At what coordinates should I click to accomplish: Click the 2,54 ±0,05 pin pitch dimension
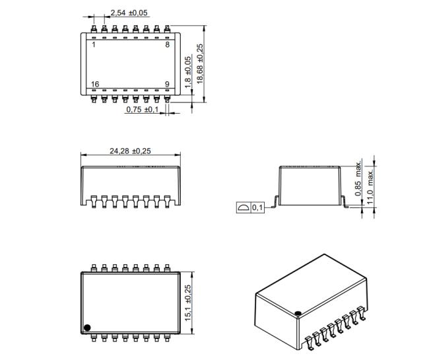click(x=129, y=13)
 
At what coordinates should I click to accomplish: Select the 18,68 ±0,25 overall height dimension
click(x=200, y=64)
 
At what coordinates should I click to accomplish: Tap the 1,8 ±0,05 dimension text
click(x=188, y=72)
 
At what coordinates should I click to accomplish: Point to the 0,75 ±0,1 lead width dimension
click(x=143, y=110)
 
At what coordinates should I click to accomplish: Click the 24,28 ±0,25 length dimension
click(x=130, y=151)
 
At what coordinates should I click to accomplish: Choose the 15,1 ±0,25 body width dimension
click(x=188, y=303)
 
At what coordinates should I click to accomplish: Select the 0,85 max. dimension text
click(x=358, y=178)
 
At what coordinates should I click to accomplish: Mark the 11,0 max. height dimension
click(x=370, y=187)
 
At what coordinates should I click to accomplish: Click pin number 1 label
click(x=94, y=45)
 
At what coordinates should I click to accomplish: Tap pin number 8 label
click(x=168, y=45)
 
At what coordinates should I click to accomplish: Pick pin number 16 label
click(x=95, y=84)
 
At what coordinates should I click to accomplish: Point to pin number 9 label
click(x=168, y=84)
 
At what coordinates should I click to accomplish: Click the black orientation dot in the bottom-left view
click(x=87, y=328)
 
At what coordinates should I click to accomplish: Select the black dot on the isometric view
click(x=298, y=313)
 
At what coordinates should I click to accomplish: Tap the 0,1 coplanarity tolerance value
click(x=257, y=207)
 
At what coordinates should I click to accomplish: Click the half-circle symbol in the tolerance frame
click(x=244, y=207)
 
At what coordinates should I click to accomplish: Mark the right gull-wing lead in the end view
click(x=345, y=201)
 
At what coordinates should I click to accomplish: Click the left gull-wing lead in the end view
click(x=275, y=201)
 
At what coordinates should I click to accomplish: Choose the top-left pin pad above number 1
click(x=94, y=29)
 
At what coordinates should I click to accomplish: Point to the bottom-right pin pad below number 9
click(x=167, y=99)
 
